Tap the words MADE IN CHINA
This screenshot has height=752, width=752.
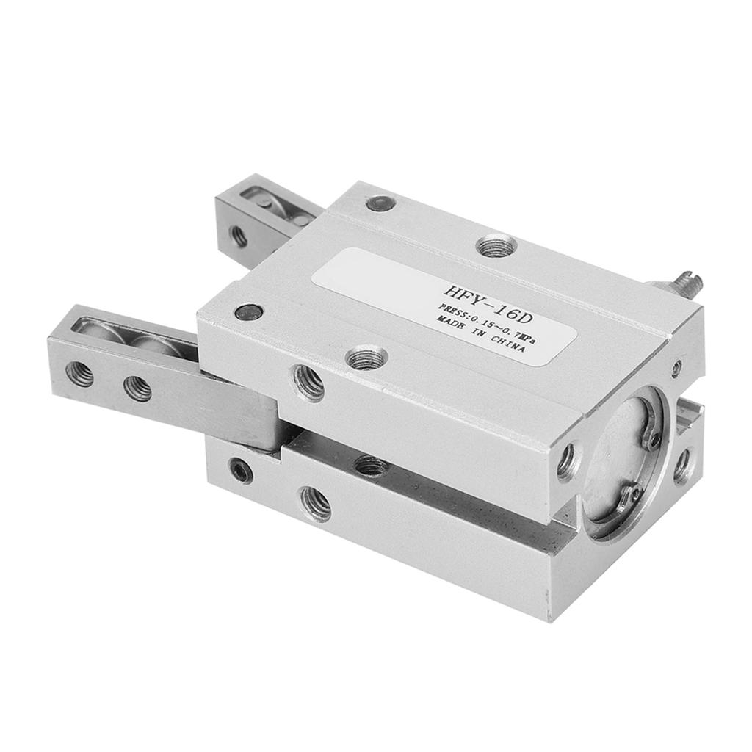pyautogui.click(x=480, y=334)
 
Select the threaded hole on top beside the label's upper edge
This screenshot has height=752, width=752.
pyautogui.click(x=496, y=246)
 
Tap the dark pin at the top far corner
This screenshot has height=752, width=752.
pyautogui.click(x=380, y=203)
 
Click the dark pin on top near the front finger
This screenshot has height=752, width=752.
pyautogui.click(x=249, y=312)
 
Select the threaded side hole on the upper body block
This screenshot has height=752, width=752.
pyautogui.click(x=308, y=382)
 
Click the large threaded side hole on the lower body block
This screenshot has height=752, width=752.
pyautogui.click(x=315, y=504)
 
